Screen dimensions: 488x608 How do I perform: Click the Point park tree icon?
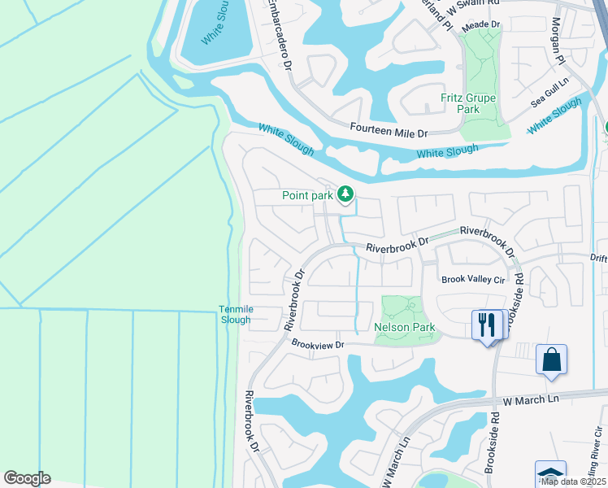(346, 194)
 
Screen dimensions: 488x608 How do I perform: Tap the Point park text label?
(308, 195)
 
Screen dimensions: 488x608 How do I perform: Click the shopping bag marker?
(551, 359)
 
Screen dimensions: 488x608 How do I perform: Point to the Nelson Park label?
(404, 328)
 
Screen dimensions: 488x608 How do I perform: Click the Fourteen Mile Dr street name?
(389, 129)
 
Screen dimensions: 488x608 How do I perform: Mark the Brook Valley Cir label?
(473, 279)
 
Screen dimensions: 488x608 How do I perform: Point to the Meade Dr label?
(481, 26)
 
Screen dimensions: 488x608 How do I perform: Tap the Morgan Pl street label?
(558, 41)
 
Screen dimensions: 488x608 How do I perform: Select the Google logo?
(27, 478)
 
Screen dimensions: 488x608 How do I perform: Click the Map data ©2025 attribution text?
(573, 481)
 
